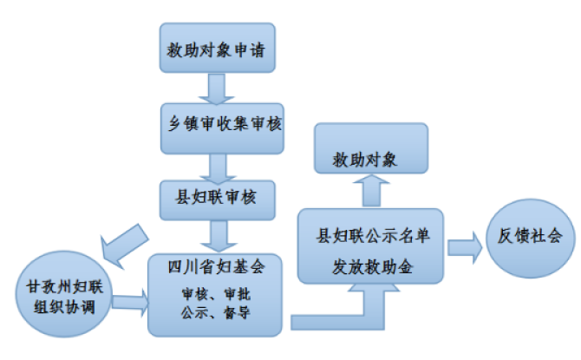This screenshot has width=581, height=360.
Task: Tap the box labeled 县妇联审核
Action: coord(217,197)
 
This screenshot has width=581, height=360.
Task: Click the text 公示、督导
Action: coord(216,314)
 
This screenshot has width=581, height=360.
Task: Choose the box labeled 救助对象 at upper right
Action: coord(370,160)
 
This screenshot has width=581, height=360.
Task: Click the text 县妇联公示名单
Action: coord(370,235)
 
